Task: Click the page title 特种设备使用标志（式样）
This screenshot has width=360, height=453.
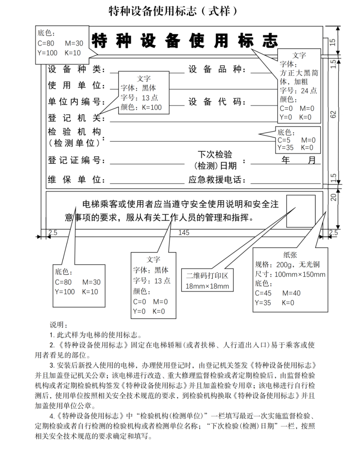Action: click(173, 11)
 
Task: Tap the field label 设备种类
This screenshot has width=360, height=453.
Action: click(76, 69)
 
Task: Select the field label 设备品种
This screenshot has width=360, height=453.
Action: click(217, 69)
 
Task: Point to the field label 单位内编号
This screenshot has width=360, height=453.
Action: click(76, 102)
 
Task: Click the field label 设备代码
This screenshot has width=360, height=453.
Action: click(217, 102)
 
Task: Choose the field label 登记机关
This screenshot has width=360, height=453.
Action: click(76, 118)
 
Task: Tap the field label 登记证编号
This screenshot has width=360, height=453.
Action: click(76, 160)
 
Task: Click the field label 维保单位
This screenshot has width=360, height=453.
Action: click(76, 180)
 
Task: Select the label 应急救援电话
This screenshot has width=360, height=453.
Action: click(217, 180)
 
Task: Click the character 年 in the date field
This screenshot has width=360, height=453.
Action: click(286, 160)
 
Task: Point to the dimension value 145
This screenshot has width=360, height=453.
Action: click(184, 233)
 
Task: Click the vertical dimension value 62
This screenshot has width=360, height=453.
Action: click(333, 114)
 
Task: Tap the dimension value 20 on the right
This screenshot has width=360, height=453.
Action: click(333, 197)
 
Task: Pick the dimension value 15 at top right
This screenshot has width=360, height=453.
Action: click(333, 42)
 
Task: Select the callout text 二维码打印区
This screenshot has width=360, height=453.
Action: click(207, 276)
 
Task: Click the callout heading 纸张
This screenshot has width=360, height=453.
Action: click(290, 255)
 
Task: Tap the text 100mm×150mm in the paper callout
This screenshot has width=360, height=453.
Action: click(300, 274)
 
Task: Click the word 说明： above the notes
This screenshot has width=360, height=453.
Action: click(59, 325)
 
